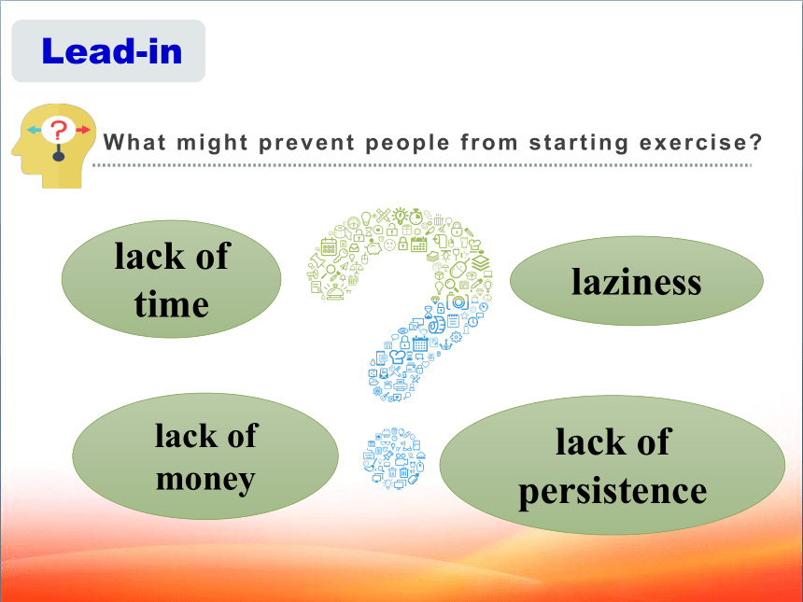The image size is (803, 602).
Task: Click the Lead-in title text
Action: (112, 51)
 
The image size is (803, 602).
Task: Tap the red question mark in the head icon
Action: (59, 130)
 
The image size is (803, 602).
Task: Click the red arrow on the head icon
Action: (83, 130)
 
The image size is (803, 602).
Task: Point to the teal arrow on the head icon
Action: (34, 130)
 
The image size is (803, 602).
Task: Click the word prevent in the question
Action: (306, 143)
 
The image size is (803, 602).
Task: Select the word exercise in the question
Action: (701, 142)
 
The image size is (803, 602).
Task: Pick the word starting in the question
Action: (579, 143)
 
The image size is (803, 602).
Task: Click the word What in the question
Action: (134, 142)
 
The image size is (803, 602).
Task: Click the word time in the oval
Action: (172, 304)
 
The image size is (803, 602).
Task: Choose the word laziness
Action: (636, 282)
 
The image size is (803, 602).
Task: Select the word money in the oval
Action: (205, 480)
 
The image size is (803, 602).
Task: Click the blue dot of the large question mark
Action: (394, 458)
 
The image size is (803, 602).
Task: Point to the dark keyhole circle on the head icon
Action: (59, 155)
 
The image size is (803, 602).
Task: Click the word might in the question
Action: (212, 143)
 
